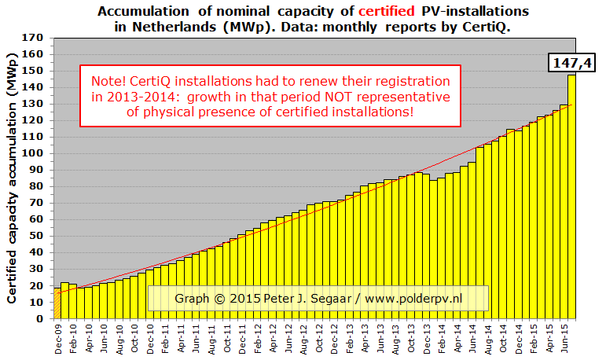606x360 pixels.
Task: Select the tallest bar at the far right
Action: (x=571, y=197)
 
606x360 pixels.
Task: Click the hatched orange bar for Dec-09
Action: (x=57, y=303)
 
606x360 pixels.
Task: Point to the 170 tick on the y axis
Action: (x=34, y=38)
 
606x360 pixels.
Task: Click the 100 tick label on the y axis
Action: (x=34, y=154)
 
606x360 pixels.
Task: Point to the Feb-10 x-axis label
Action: (x=72, y=338)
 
